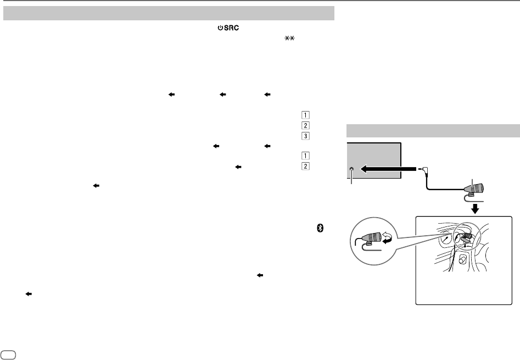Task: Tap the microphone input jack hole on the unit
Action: (351, 171)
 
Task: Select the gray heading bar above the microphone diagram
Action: (433, 132)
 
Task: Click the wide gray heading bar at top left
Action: (169, 13)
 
